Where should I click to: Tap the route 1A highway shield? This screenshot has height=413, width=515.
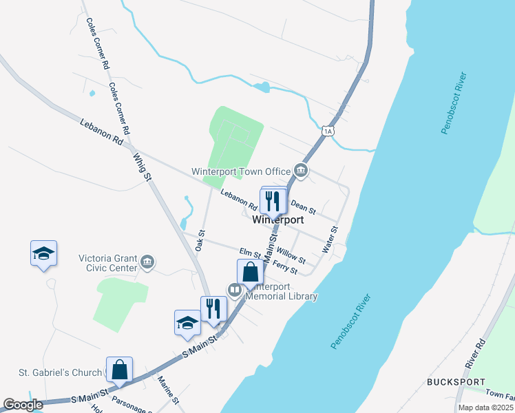click(327, 131)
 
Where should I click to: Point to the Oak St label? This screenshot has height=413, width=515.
click(201, 240)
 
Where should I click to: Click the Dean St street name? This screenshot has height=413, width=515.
click(303, 205)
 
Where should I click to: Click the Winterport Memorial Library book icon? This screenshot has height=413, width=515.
click(235, 291)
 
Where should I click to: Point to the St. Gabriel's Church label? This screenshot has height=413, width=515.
click(61, 373)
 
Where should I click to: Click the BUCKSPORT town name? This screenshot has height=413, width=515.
click(456, 382)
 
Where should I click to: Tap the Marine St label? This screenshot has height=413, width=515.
click(168, 390)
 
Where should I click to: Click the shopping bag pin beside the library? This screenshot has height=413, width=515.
click(250, 273)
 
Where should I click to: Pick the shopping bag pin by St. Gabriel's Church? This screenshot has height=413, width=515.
click(120, 369)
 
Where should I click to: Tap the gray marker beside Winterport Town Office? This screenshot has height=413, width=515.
click(300, 170)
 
